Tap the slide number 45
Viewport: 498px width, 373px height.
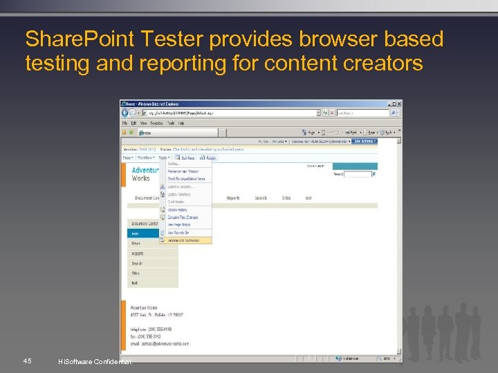pos(26,361)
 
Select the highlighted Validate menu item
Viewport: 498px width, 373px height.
pos(186,240)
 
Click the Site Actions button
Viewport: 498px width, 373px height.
pos(365,141)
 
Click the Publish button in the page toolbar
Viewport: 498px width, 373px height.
pos(209,158)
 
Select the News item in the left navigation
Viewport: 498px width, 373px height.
pos(136,243)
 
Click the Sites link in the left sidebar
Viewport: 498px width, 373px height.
pos(136,273)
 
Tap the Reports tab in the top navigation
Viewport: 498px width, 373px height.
pos(233,198)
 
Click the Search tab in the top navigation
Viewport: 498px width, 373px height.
pos(261,198)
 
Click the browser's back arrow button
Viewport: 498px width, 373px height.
pos(125,113)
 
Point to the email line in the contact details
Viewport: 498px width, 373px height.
pos(159,343)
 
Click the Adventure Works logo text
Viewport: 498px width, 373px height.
pos(145,173)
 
